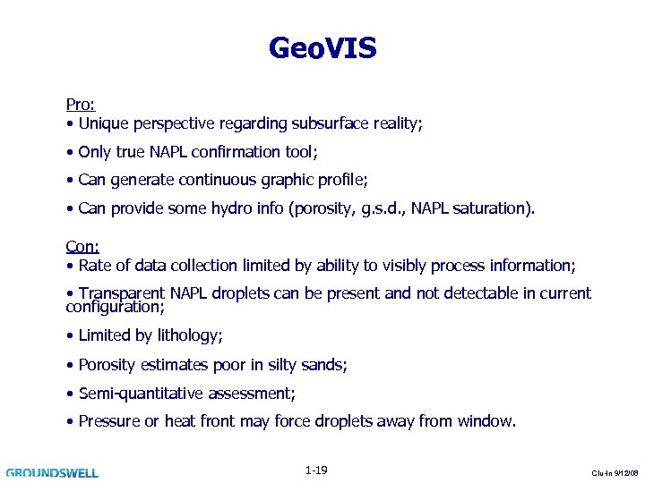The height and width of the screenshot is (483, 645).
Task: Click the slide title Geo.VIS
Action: coord(322,48)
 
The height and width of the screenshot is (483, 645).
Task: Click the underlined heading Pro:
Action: coord(81,105)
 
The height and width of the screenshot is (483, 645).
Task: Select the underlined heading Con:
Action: coord(82,247)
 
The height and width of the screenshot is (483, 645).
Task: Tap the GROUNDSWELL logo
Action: coord(52,472)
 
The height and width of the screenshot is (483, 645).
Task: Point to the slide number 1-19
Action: coord(315,470)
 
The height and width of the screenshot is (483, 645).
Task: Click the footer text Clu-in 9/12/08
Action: coord(615,473)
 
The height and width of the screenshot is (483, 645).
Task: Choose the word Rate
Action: coord(96,266)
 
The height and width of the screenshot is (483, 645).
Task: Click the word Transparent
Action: coord(121,293)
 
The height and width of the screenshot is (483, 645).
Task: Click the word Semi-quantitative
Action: coord(141,393)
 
